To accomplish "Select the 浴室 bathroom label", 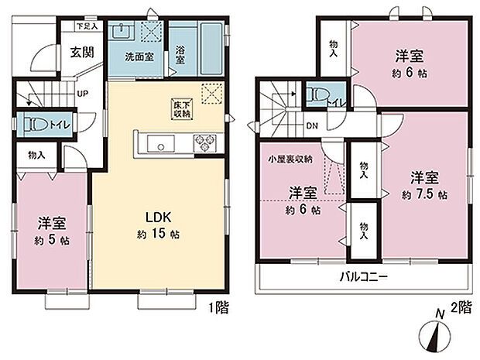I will pyautogui.click(x=180, y=59).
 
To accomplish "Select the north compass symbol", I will pyautogui.click(x=436, y=334).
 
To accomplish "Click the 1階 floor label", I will pyautogui.click(x=218, y=307).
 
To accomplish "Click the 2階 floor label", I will pyautogui.click(x=461, y=307).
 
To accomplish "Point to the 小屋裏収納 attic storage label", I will pyautogui.click(x=290, y=159).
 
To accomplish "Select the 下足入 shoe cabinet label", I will pyautogui.click(x=87, y=26).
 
